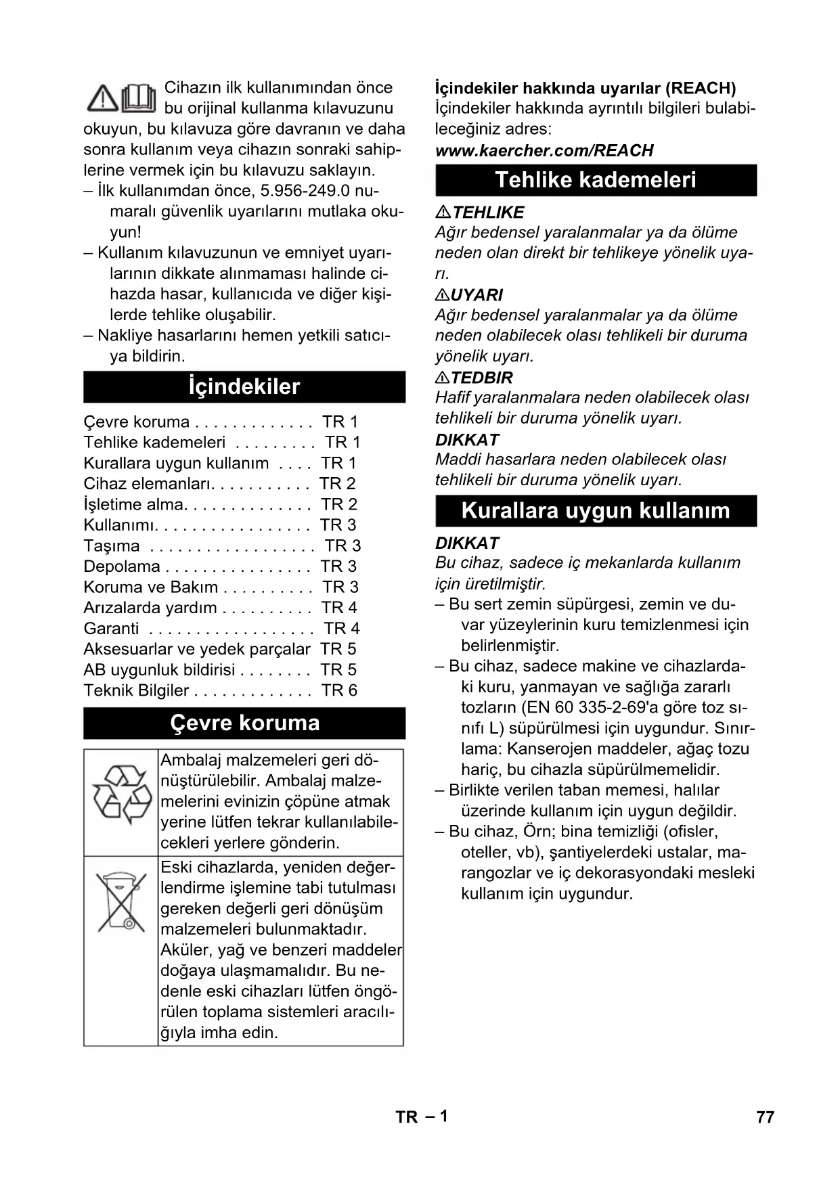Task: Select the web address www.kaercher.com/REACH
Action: (544, 150)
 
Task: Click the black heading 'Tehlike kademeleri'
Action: (596, 180)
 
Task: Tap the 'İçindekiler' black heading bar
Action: (244, 386)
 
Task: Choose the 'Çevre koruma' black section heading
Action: (244, 723)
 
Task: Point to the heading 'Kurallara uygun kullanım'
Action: (596, 510)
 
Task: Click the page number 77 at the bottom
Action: (765, 1117)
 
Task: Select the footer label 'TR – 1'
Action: (421, 1117)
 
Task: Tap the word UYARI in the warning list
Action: (477, 295)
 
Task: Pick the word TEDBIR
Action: (482, 378)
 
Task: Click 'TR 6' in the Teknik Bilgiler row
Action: (339, 690)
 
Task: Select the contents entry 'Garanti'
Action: (111, 628)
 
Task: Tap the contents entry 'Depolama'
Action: (122, 566)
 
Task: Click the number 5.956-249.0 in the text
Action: (305, 191)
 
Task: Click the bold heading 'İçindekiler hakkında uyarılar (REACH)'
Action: (585, 88)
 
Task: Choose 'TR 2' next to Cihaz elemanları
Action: (337, 483)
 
